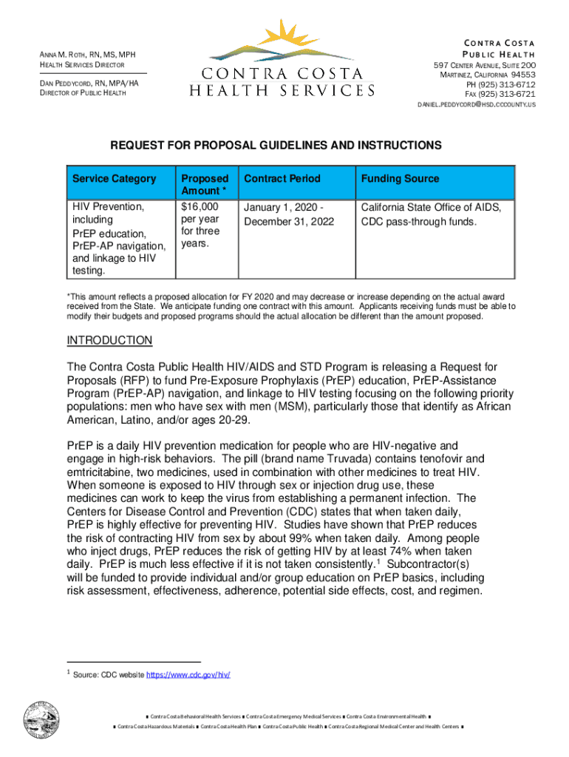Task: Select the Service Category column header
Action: (x=114, y=179)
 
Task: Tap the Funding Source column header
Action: (x=400, y=179)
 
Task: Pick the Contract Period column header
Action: (x=282, y=179)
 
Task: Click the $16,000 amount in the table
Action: (x=200, y=207)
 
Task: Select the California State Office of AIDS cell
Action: (x=431, y=208)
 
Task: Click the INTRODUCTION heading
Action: (x=109, y=340)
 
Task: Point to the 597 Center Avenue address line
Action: (x=484, y=66)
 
